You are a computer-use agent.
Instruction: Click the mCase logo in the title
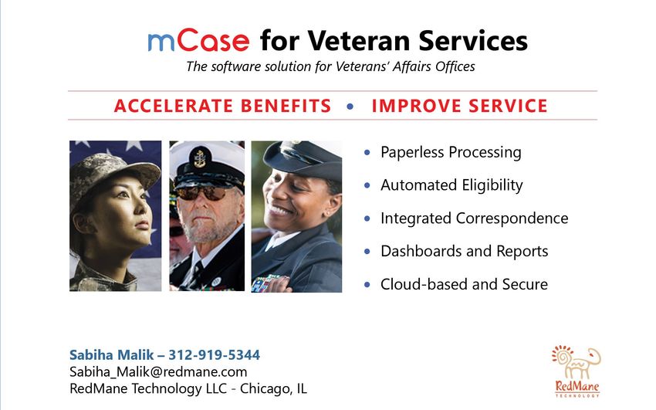click(198, 41)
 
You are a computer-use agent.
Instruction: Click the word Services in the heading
click(473, 41)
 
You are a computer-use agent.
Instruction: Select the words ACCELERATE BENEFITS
click(222, 106)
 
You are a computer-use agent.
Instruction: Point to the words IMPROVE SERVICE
click(460, 106)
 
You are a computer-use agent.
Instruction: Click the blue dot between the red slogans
click(350, 107)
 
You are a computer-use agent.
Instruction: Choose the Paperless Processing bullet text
click(451, 152)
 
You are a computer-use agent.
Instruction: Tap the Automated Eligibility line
click(451, 185)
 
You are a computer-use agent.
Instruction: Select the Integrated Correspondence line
click(475, 219)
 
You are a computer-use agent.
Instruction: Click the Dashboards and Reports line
click(465, 251)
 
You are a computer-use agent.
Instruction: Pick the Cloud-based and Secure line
click(465, 284)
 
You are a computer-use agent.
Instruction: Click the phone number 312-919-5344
click(215, 354)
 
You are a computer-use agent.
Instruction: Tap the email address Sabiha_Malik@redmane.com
click(158, 371)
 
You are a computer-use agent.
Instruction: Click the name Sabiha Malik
click(112, 354)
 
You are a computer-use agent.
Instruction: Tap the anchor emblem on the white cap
click(200, 158)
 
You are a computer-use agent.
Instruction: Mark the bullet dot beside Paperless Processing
click(367, 152)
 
